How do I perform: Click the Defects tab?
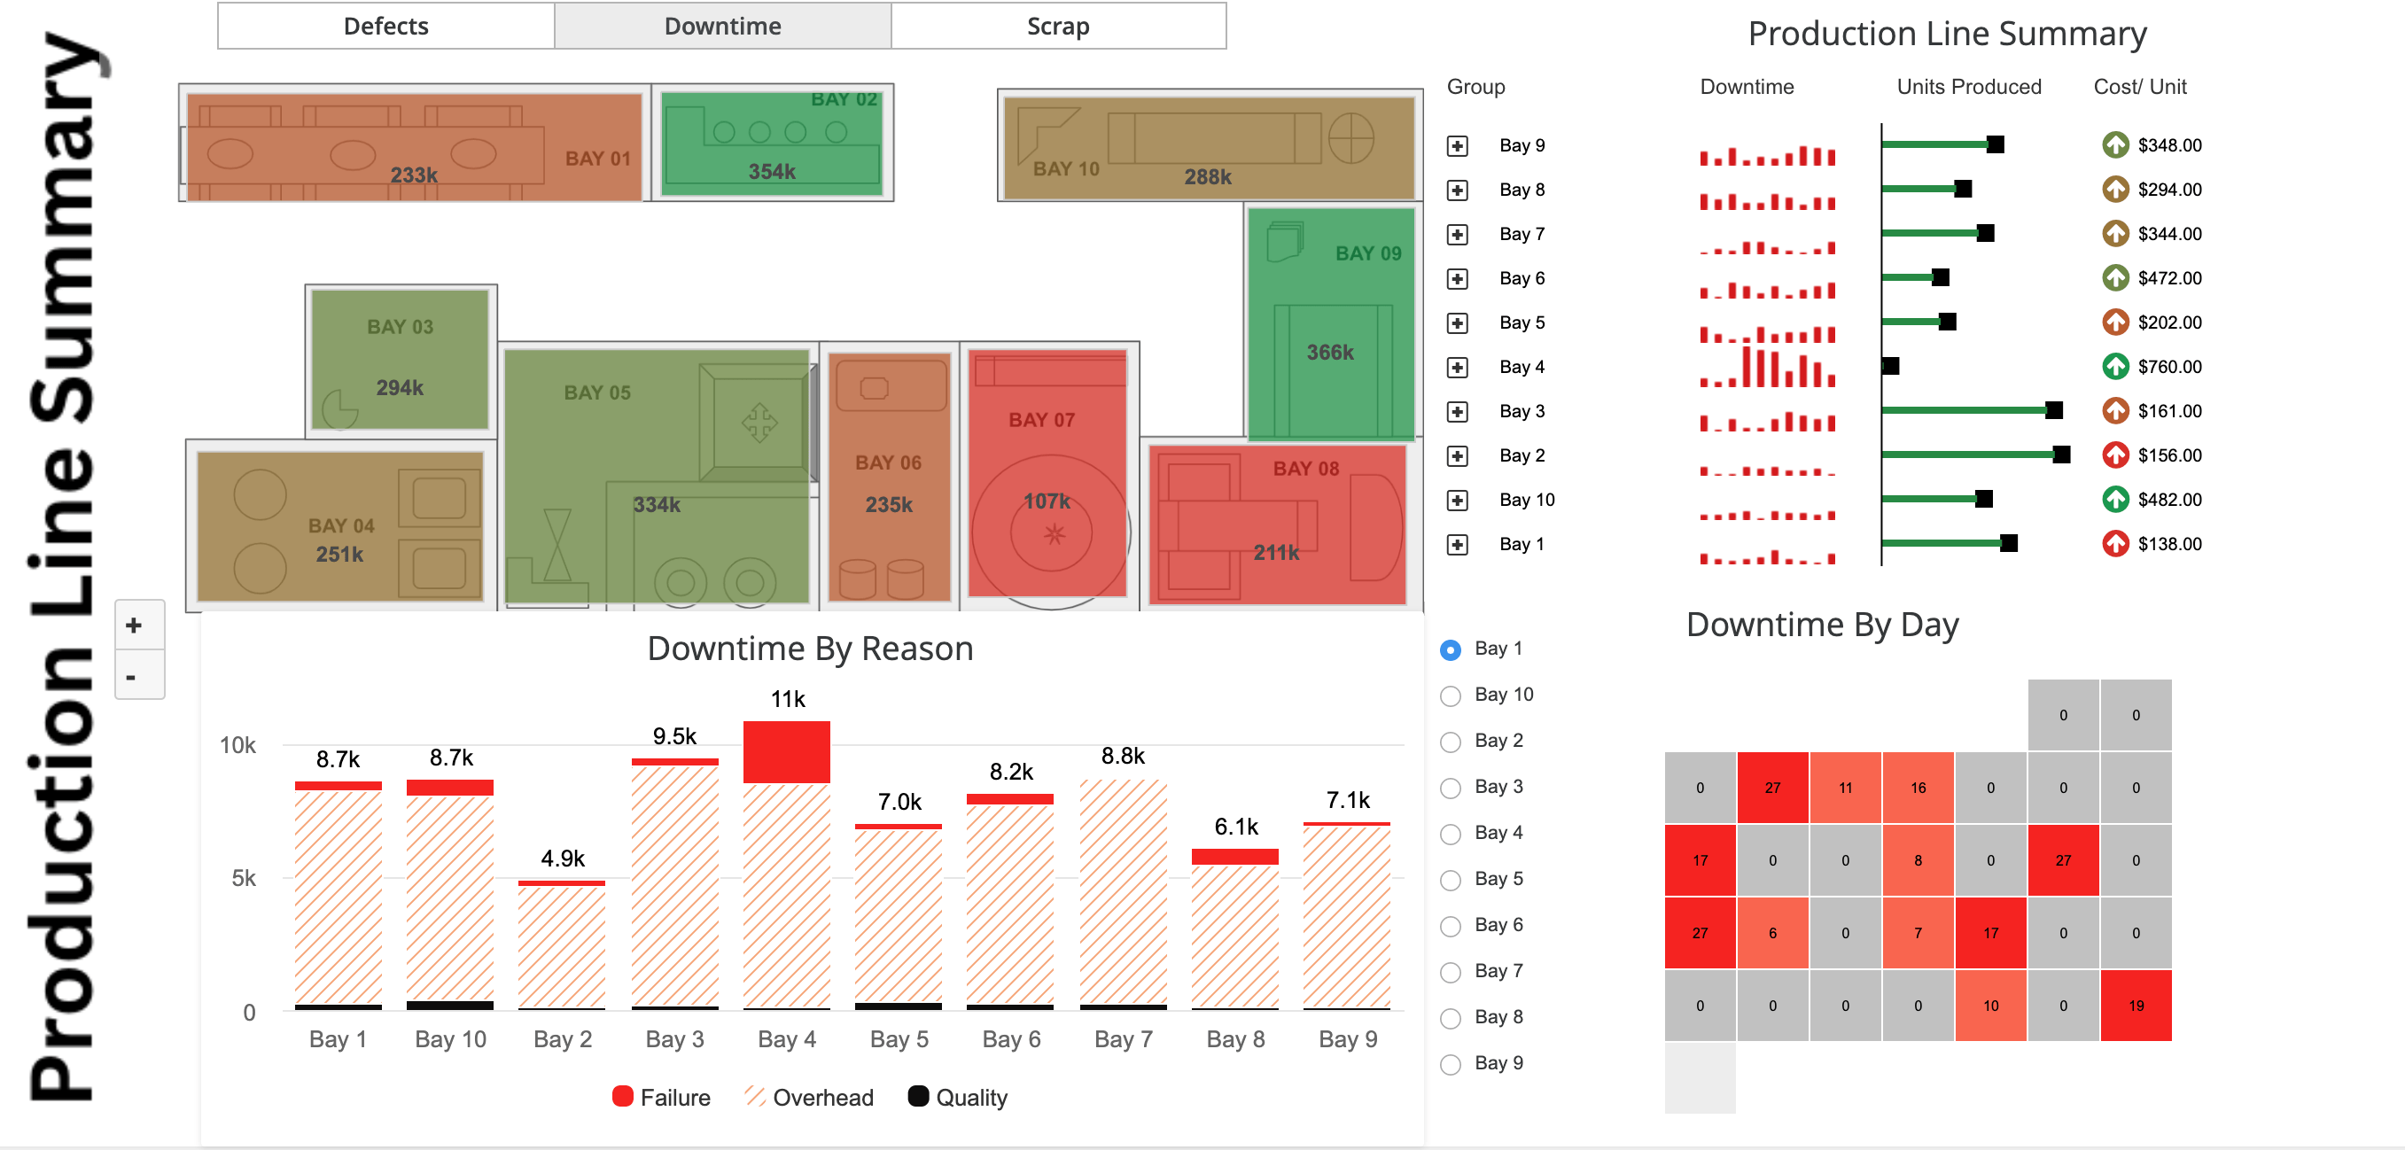tap(385, 27)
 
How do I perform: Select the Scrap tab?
tap(1058, 27)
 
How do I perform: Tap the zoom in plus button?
tap(135, 626)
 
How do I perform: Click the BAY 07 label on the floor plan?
tap(1041, 420)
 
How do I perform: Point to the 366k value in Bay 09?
tap(1329, 353)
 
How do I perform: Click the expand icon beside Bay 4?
tap(1458, 368)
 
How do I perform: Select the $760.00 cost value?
tap(2168, 368)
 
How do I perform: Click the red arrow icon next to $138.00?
tap(2114, 543)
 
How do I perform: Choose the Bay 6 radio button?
tap(1451, 926)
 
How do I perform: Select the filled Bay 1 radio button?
tap(1451, 649)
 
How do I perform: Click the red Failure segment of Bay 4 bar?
tap(786, 752)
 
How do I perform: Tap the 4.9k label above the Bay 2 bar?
tap(562, 859)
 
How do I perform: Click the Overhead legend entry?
tap(808, 1098)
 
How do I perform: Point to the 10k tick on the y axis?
tap(237, 746)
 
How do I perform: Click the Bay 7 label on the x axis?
tap(1123, 1040)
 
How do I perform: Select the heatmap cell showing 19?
tap(2136, 1006)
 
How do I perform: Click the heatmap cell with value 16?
tap(1918, 788)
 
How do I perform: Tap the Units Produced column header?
tap(1968, 87)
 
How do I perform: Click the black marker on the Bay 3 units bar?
tap(2053, 411)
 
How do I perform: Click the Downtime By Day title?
tap(1822, 625)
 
